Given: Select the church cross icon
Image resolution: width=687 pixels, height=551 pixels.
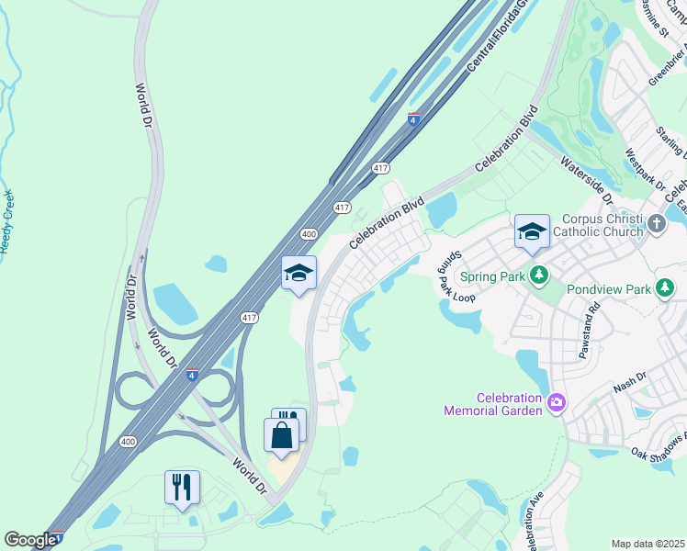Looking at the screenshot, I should click(656, 223).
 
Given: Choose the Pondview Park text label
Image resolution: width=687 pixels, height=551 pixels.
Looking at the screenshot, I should click(608, 289).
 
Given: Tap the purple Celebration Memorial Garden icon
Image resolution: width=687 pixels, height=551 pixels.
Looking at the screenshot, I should click(556, 403).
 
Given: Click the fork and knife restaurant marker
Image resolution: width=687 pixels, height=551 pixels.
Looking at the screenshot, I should click(182, 487).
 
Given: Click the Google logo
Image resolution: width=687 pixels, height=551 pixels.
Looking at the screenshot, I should click(29, 541).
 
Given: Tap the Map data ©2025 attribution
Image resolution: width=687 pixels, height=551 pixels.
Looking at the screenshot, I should click(647, 544).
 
